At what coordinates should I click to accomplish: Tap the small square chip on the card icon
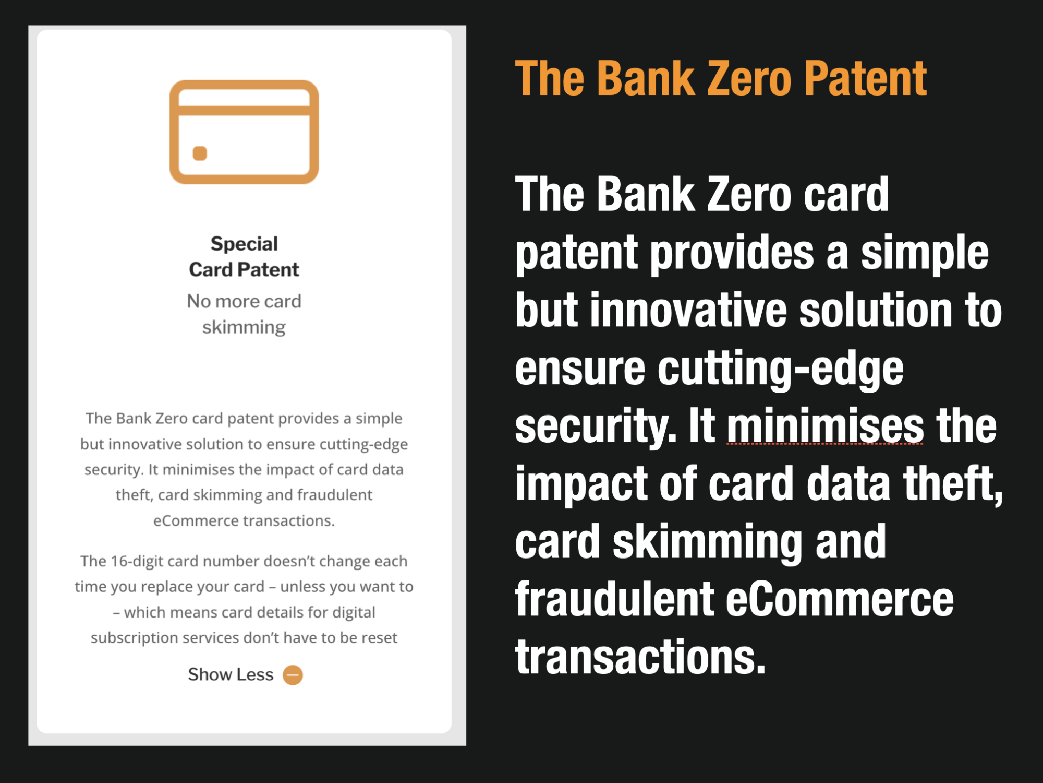(200, 153)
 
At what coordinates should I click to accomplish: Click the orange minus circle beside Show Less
(293, 675)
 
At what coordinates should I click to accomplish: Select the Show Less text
(231, 674)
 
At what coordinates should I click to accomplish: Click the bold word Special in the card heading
(244, 244)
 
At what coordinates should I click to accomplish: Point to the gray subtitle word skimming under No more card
(244, 327)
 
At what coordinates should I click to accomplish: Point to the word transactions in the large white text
(640, 657)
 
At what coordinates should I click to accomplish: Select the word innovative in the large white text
(688, 310)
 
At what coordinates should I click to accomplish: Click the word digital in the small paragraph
(354, 612)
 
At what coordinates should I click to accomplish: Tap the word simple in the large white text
(924, 253)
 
